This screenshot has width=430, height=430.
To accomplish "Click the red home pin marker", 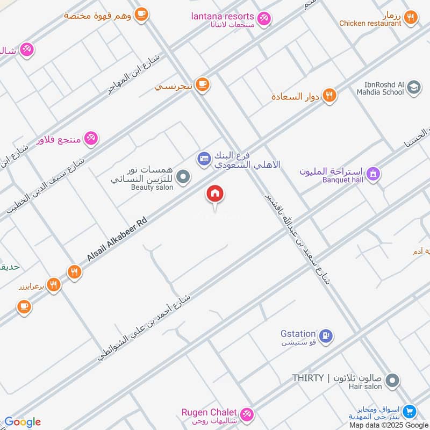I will [x=216, y=194].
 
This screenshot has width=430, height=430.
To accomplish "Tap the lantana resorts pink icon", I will [x=263, y=19].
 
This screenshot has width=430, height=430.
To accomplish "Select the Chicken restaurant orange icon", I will [x=411, y=18].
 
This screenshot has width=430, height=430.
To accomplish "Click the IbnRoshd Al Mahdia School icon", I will [x=413, y=87].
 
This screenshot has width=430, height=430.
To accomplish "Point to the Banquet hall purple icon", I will [x=373, y=174].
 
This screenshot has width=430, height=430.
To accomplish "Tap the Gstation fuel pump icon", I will [x=325, y=336].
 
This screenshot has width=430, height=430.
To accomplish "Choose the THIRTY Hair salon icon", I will [x=393, y=381].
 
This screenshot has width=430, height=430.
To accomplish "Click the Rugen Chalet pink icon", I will [x=246, y=414].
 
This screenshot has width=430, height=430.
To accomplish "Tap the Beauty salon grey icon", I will [x=184, y=176].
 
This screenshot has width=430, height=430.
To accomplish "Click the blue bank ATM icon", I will [x=204, y=158].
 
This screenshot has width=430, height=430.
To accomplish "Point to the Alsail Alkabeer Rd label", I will [x=117, y=239].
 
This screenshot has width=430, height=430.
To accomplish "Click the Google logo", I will [x=23, y=422].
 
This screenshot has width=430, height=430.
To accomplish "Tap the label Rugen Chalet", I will [x=209, y=412].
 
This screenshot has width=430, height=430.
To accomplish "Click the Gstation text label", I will [x=298, y=333].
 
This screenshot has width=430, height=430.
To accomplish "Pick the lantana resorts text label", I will [x=223, y=16].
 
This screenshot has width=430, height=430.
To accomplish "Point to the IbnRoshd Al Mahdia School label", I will [x=379, y=88].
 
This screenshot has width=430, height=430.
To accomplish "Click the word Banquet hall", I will [x=342, y=180].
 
